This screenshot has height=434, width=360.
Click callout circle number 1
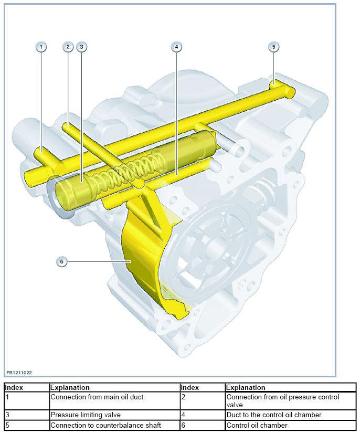[41, 47]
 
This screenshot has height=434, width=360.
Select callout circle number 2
[68, 47]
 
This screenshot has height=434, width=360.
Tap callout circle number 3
[81, 47]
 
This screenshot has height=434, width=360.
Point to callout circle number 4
[176, 47]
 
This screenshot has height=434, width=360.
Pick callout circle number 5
[273, 47]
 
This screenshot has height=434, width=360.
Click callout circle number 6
[62, 261]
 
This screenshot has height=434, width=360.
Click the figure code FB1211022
[19, 373]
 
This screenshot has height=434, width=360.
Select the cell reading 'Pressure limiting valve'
[86, 415]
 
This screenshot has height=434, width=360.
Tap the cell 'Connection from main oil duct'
[97, 397]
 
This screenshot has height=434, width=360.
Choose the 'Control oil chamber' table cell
[257, 425]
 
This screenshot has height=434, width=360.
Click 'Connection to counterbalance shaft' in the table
[105, 425]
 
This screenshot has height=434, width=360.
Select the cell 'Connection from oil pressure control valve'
[282, 401]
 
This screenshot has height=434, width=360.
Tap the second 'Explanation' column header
[246, 388]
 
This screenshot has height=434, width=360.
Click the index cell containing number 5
[26, 425]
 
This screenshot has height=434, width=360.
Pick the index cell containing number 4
[202, 415]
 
